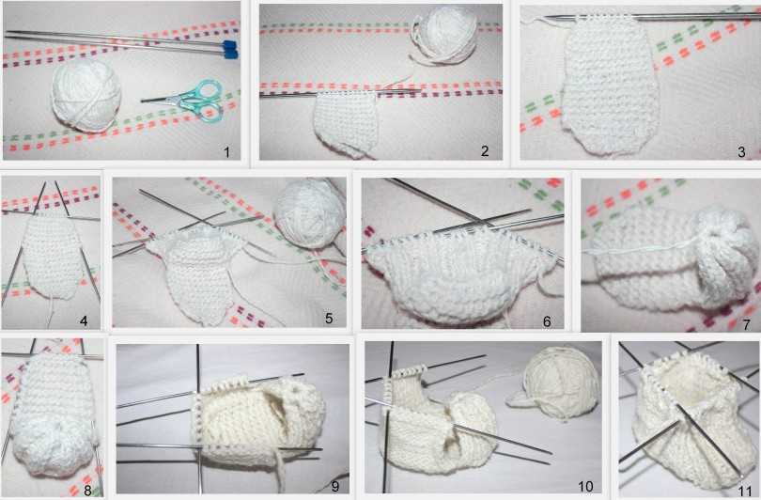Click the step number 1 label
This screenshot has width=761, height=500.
pos(226,152)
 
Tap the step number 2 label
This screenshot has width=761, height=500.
pos(485,151)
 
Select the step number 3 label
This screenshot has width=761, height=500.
pos(741,151)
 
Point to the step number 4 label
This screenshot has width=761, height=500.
pos(84,320)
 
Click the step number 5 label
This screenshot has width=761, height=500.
pos(329,319)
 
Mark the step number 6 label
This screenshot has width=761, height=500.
pos(547,320)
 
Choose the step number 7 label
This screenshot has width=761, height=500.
pos(747,324)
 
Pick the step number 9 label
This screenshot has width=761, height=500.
pos(334,486)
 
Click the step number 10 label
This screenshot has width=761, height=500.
pos(586,486)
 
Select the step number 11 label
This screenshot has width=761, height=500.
pos(744,490)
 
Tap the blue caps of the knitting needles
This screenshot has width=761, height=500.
pos(230,50)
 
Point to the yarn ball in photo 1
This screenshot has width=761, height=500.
pos(86,95)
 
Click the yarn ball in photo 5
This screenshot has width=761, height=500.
pos(309,212)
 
